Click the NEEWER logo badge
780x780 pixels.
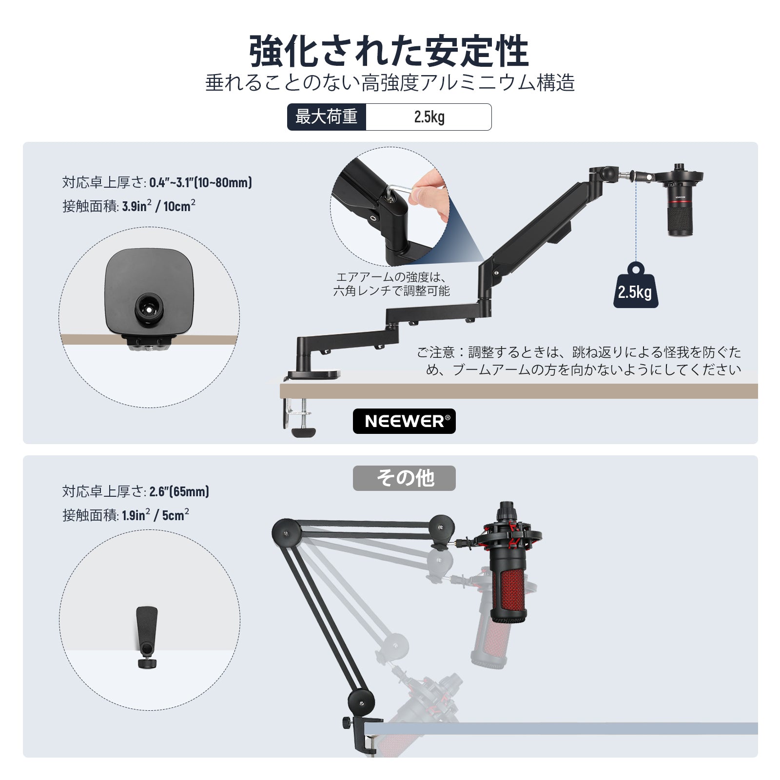click(404, 421)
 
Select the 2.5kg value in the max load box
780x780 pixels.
click(429, 117)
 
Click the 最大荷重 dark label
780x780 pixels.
click(327, 117)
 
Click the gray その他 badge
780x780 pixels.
click(404, 478)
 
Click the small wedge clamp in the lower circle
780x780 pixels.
click(147, 634)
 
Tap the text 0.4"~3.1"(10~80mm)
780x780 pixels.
click(200, 183)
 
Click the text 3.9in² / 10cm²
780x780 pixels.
click(158, 206)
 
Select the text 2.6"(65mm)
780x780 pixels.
click(179, 491)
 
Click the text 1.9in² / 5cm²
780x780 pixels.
click(155, 515)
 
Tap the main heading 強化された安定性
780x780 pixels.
click(389, 51)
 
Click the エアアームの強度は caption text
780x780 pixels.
click(391, 277)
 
